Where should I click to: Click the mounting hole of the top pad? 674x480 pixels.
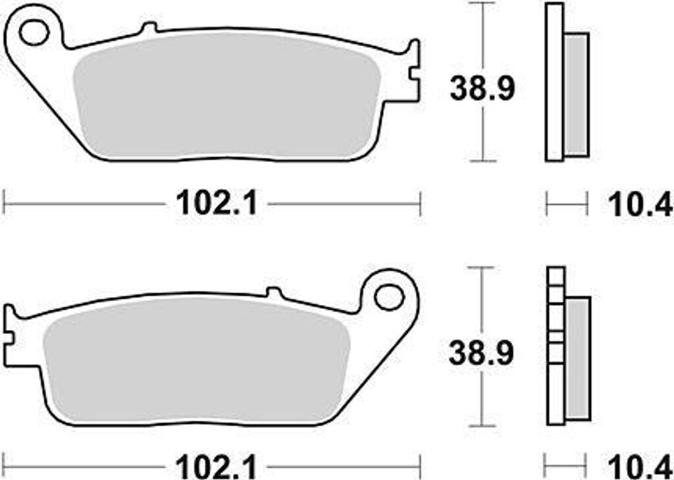pyautogui.click(x=34, y=33)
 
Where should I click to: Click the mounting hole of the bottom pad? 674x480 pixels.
pyautogui.click(x=390, y=297)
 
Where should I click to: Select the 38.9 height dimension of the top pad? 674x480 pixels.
pyautogui.click(x=482, y=89)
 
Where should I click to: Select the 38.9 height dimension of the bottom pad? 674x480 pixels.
pyautogui.click(x=481, y=354)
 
